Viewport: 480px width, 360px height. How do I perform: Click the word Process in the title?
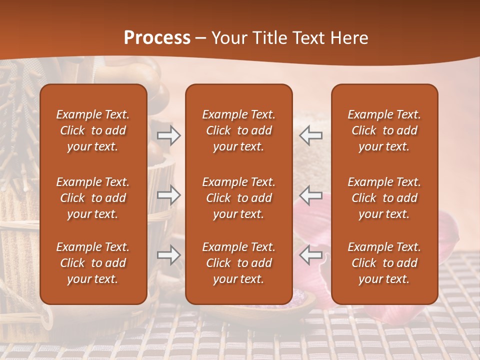click(157, 38)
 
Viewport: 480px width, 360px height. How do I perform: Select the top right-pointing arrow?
click(168, 135)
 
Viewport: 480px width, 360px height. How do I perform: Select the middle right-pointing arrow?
click(168, 195)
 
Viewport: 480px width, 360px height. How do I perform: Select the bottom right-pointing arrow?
click(168, 254)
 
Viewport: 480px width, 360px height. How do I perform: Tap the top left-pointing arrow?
click(310, 135)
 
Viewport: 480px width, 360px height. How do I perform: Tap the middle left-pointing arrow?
click(310, 195)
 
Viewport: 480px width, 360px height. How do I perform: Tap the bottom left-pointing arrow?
click(310, 254)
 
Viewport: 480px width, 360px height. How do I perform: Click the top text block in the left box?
click(93, 130)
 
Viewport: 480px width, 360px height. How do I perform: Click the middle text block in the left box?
click(93, 198)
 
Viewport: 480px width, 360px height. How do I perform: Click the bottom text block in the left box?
click(93, 263)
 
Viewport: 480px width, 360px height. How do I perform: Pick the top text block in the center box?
click(238, 130)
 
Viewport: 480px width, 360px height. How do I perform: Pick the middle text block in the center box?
click(238, 198)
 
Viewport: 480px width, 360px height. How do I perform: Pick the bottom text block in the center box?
click(238, 263)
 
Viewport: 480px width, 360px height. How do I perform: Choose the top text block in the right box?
click(384, 130)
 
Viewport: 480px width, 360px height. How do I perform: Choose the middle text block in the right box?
click(384, 198)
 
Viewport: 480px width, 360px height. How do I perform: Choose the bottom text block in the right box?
click(384, 263)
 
